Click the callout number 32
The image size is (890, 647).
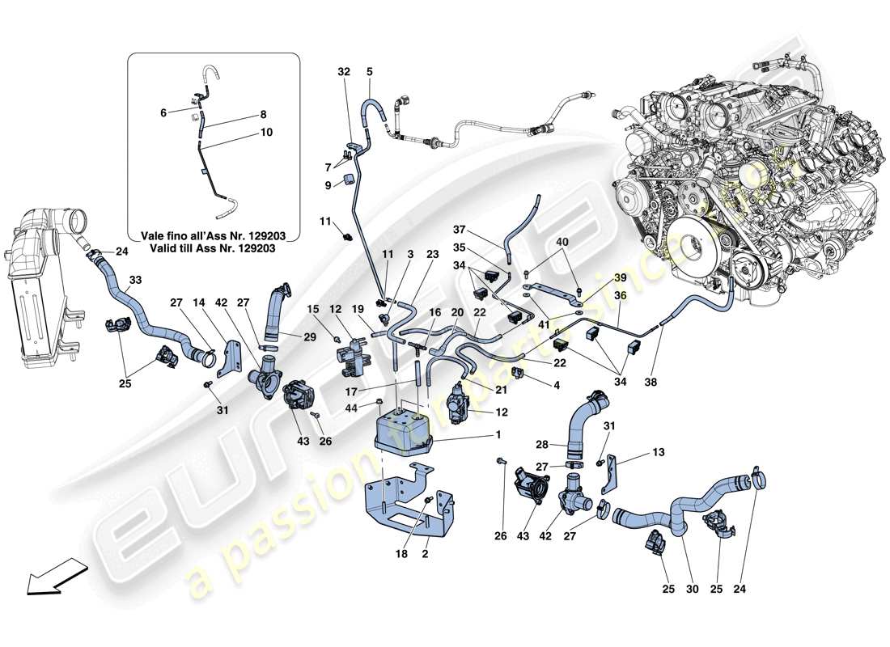(345, 71)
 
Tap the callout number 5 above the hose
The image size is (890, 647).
(369, 71)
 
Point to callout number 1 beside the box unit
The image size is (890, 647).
(499, 435)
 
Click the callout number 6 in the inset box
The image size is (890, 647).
(163, 114)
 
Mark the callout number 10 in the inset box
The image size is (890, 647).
(267, 132)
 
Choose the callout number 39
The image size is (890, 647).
(621, 278)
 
